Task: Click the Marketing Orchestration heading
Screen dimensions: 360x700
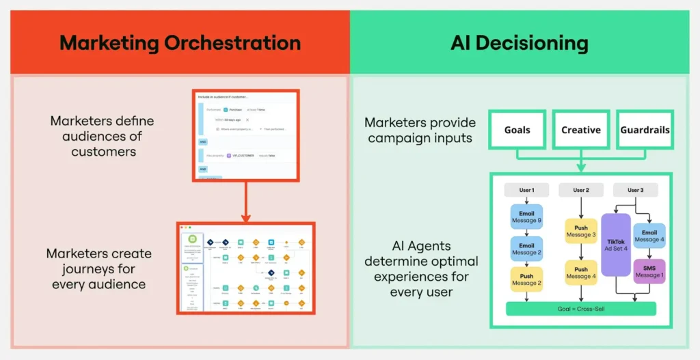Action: pyautogui.click(x=180, y=43)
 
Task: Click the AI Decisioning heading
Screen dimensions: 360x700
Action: pyautogui.click(x=520, y=43)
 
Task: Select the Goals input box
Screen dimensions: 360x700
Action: pyautogui.click(x=517, y=130)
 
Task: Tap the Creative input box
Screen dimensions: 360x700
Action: pyautogui.click(x=580, y=130)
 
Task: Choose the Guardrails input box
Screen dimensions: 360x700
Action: pyautogui.click(x=645, y=130)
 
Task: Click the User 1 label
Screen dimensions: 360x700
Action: pyautogui.click(x=526, y=190)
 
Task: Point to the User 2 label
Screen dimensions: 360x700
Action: pyautogui.click(x=580, y=190)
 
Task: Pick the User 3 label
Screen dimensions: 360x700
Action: pyautogui.click(x=635, y=190)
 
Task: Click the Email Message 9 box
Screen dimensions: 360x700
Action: pyautogui.click(x=526, y=217)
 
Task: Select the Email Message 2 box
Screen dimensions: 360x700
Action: pyautogui.click(x=526, y=249)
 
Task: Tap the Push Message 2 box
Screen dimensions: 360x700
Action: pyautogui.click(x=526, y=279)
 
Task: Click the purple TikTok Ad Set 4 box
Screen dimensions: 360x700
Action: pyautogui.click(x=615, y=244)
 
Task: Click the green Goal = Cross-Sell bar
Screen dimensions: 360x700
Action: pyautogui.click(x=580, y=309)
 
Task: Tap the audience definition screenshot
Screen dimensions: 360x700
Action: pyautogui.click(x=244, y=135)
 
